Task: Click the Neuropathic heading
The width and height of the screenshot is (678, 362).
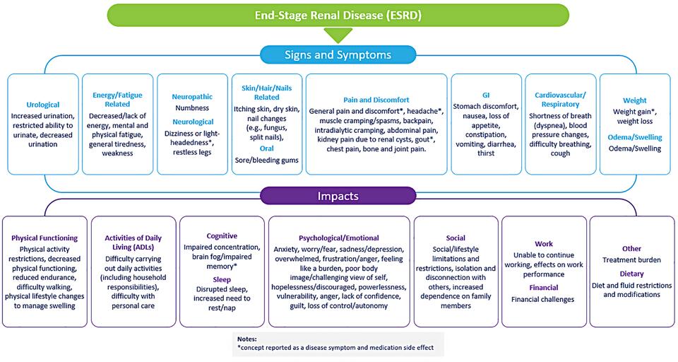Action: tap(191, 96)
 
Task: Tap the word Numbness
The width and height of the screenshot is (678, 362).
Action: tap(191, 108)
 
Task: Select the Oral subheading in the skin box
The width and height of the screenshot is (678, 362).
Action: tap(267, 149)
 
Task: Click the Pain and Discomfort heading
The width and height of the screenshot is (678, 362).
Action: tap(376, 100)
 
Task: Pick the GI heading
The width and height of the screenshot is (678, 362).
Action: tap(485, 94)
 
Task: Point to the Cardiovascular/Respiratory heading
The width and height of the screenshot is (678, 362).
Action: tap(559, 99)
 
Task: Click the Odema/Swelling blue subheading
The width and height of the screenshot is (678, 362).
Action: tap(634, 136)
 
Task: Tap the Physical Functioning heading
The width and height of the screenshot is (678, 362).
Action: tap(44, 238)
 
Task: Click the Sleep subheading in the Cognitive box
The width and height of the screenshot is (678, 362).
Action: tap(222, 279)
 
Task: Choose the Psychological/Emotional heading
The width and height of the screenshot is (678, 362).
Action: tap(338, 238)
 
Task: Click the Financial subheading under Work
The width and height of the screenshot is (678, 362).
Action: tap(544, 288)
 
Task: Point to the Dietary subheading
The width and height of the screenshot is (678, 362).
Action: tap(631, 274)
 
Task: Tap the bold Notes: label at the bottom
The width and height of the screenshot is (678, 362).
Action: tap(248, 339)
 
